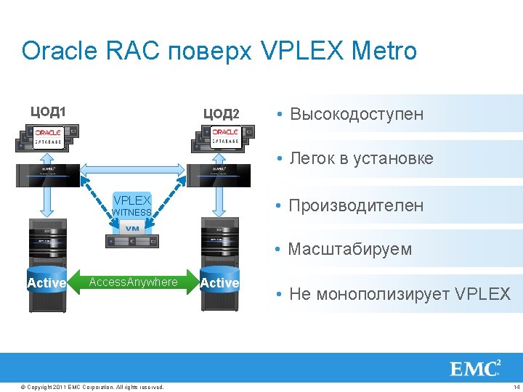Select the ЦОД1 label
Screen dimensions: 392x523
tap(48, 112)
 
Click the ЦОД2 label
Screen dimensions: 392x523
tap(221, 113)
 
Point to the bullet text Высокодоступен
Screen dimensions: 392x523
tap(356, 114)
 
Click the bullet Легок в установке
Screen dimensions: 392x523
tap(360, 158)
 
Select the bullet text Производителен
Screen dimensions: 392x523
tap(356, 205)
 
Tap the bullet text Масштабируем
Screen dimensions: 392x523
tap(350, 249)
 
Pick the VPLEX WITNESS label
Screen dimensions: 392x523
tap(131, 205)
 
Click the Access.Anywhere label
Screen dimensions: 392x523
tap(133, 282)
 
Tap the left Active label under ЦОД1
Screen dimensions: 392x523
tap(46, 283)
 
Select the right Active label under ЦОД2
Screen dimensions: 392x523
tap(219, 283)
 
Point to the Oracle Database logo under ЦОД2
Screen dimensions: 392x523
tap(226, 138)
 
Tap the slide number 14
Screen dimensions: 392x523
tap(516, 386)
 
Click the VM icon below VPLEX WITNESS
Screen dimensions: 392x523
tap(132, 229)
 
